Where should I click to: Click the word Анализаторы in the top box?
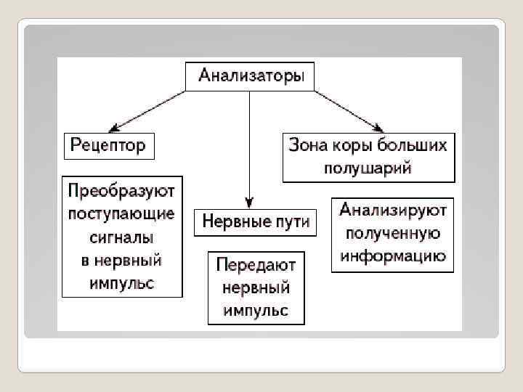pyautogui.click(x=251, y=75)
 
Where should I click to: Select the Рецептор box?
pyautogui.click(x=108, y=145)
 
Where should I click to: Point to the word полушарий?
pyautogui.click(x=368, y=168)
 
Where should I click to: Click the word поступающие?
pyautogui.click(x=121, y=214)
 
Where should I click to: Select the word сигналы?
pyautogui.click(x=121, y=237)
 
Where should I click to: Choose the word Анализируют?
pyautogui.click(x=393, y=211)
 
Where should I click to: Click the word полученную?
pyautogui.click(x=393, y=234)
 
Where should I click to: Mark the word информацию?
pyautogui.click(x=393, y=256)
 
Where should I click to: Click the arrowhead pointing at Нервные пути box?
pyautogui.click(x=249, y=203)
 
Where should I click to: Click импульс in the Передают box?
pyautogui.click(x=256, y=311)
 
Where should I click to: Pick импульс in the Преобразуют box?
pyautogui.click(x=121, y=282)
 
